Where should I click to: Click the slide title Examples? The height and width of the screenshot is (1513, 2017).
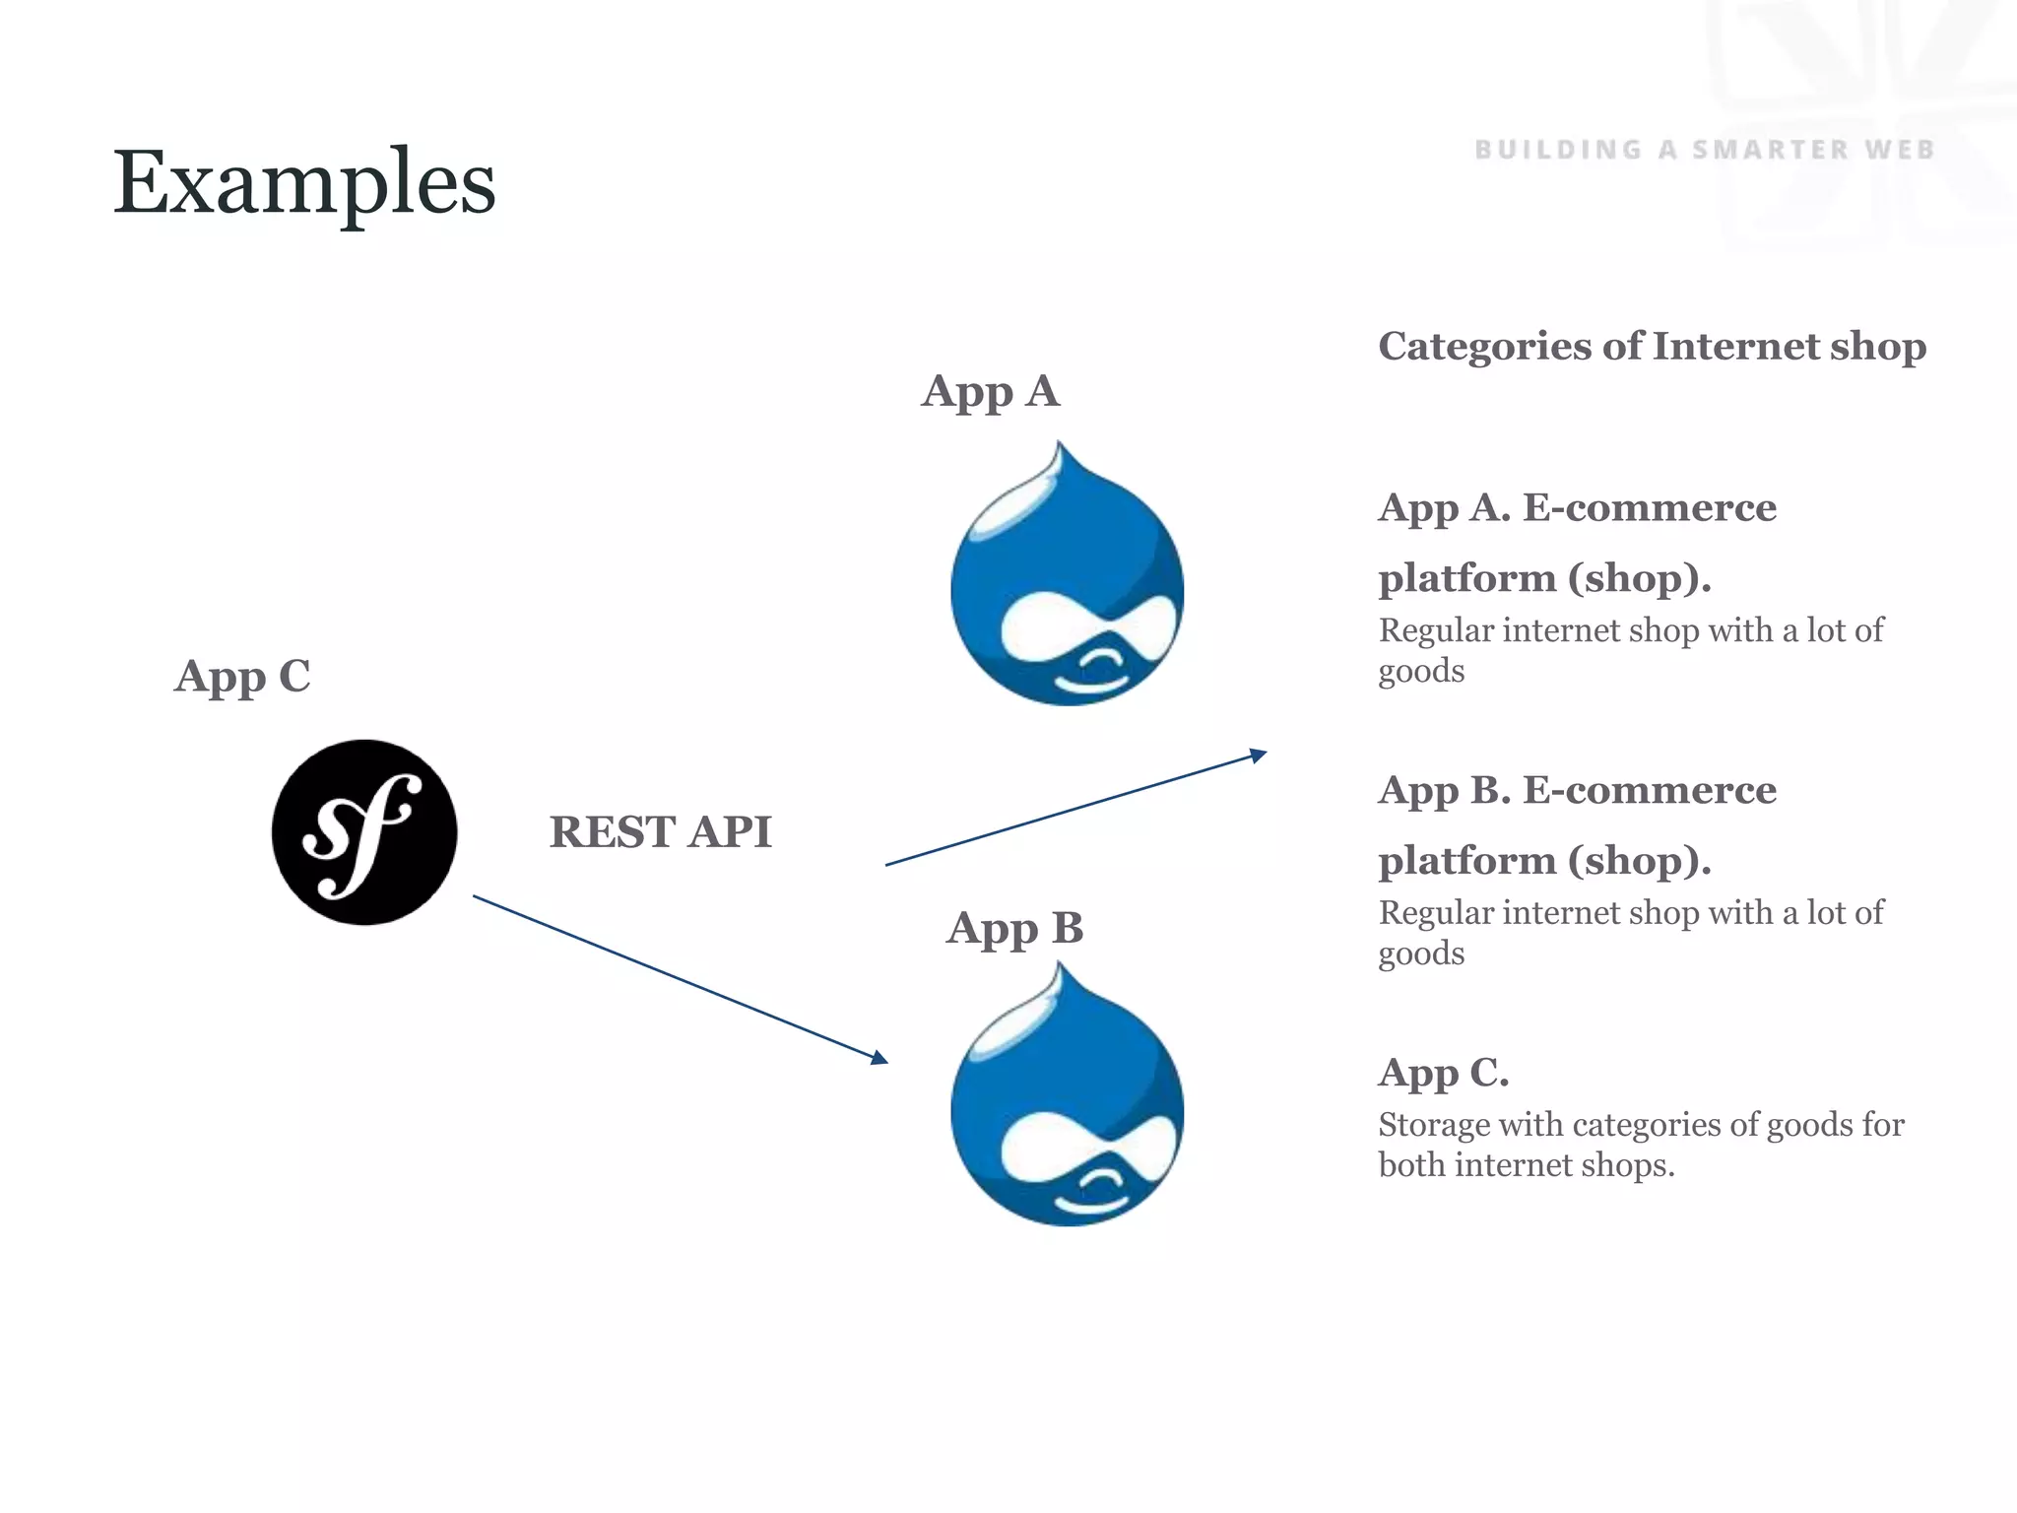click(303, 182)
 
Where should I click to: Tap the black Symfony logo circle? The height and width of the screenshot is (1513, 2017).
click(364, 832)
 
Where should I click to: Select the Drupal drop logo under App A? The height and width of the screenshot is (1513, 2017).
click(1067, 591)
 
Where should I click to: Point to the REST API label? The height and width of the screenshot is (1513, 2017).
click(660, 832)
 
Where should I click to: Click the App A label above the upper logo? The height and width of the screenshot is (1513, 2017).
click(990, 392)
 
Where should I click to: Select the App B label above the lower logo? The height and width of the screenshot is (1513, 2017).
click(1014, 929)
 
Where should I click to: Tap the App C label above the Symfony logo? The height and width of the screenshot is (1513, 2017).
click(242, 678)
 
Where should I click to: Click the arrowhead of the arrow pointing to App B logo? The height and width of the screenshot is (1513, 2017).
click(879, 1058)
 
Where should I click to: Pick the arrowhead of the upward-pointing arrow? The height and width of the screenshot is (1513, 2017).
click(1258, 755)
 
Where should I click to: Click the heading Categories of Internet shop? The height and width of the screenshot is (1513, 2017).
click(1652, 347)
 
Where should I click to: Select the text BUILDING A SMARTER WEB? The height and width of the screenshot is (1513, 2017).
click(1704, 150)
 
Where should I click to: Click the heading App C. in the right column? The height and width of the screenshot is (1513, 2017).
click(1443, 1073)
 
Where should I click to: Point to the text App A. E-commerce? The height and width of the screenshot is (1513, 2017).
click(1577, 508)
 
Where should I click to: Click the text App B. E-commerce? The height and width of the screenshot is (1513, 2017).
click(1577, 791)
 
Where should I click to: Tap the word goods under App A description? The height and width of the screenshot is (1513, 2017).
click(1420, 673)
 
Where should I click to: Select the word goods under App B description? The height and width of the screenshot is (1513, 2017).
click(1420, 954)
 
